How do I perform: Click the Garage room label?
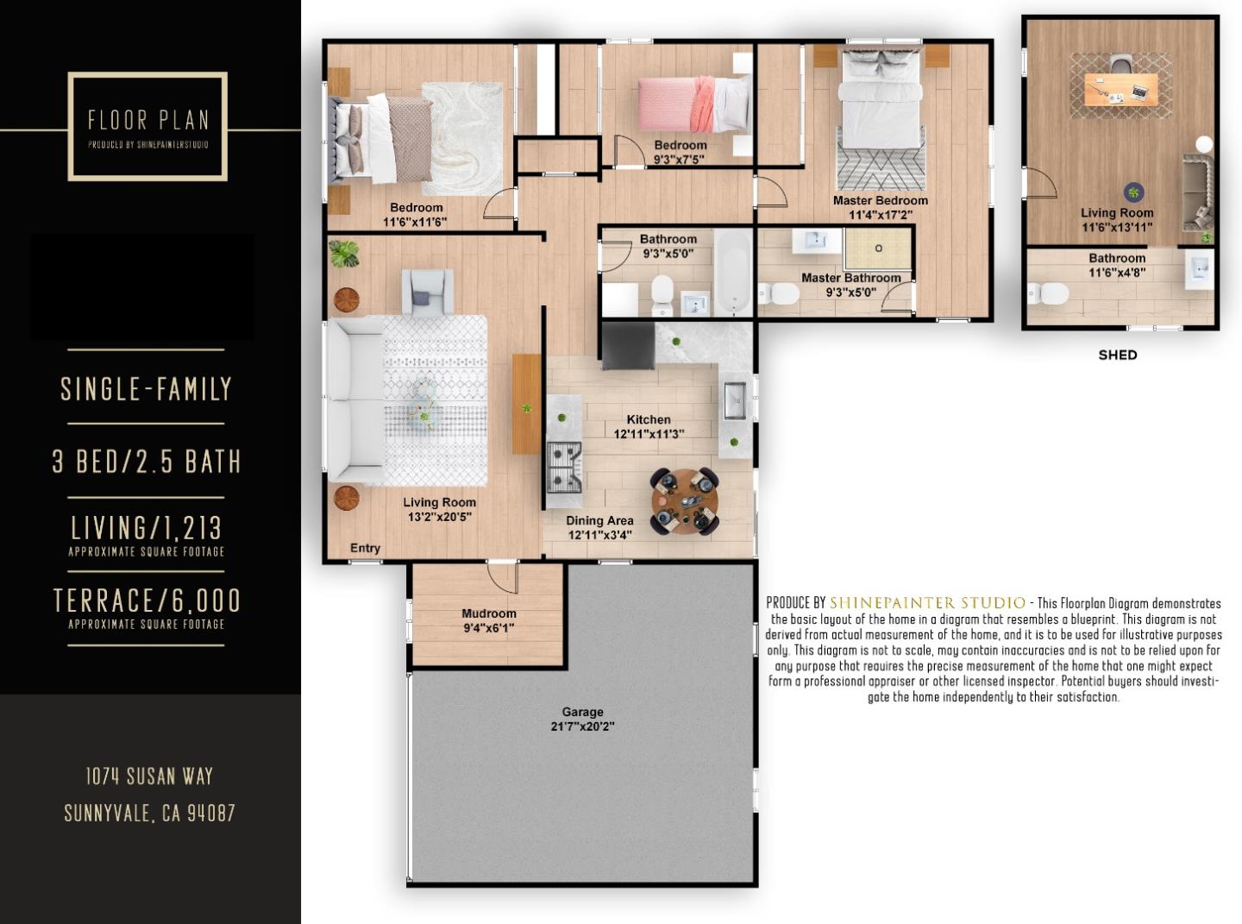(582, 712)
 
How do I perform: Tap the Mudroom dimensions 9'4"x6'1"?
(489, 628)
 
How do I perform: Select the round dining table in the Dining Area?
(685, 501)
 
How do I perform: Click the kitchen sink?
(735, 400)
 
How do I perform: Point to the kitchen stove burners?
(564, 467)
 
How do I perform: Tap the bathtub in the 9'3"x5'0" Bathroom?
(732, 273)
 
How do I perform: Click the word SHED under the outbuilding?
(1118, 355)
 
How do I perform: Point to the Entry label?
(365, 548)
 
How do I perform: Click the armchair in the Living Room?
(427, 292)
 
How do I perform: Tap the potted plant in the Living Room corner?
(344, 254)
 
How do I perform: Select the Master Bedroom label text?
(881, 200)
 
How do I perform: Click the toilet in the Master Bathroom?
(779, 292)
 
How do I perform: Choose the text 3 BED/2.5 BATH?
(146, 462)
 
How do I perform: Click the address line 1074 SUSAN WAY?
(149, 776)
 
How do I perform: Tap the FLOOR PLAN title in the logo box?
(148, 120)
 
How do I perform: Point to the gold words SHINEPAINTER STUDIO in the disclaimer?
(927, 603)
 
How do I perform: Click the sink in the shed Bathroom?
(1199, 269)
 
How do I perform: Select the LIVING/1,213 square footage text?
(146, 528)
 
